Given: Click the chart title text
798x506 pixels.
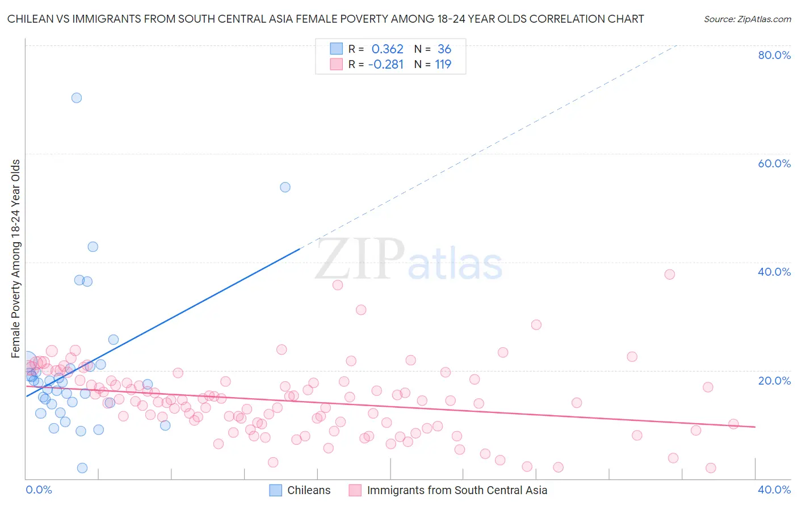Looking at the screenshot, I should (x=325, y=19).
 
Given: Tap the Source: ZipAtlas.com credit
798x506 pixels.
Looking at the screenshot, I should (x=747, y=19).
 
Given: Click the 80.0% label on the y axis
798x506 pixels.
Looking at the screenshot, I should (x=774, y=55).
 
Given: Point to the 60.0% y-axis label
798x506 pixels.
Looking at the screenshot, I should (x=774, y=163).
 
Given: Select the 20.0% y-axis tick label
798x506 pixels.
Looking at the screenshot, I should (x=774, y=381).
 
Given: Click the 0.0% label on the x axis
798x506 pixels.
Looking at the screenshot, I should (x=39, y=490).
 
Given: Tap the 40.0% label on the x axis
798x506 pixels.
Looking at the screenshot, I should (x=774, y=490).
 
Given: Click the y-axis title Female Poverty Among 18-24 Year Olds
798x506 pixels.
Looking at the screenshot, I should (x=16, y=259).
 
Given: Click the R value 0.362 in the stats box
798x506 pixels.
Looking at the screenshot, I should (x=387, y=49).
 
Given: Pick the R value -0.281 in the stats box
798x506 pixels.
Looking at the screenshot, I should (x=386, y=65).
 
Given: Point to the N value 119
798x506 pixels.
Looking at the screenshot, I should (x=443, y=65).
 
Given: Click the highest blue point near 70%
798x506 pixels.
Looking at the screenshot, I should (x=77, y=98).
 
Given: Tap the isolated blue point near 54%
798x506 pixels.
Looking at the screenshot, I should (x=285, y=187).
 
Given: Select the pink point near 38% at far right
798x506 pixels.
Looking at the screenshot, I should (x=670, y=275).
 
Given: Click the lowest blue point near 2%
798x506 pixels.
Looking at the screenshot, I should (x=82, y=468).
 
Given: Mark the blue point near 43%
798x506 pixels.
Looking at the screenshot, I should (x=93, y=247).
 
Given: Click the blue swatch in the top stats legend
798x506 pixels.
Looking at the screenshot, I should (x=337, y=49).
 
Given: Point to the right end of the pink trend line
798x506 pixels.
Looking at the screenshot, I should (x=755, y=427).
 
